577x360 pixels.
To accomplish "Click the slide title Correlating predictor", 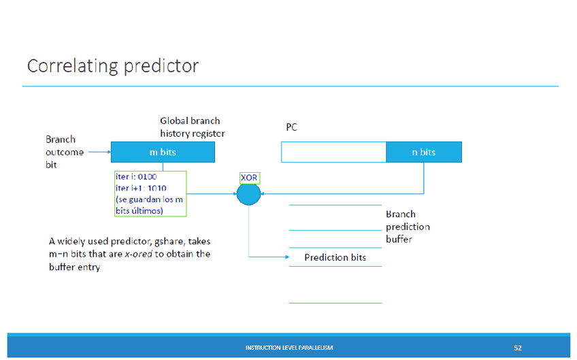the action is [112, 66].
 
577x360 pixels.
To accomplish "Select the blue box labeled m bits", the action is [163, 152].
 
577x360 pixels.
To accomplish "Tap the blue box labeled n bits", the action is [423, 152].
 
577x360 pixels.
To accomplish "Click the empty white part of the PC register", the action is [333, 152].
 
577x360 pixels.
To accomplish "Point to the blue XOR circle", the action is [248, 194].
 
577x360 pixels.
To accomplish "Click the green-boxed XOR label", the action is [249, 177].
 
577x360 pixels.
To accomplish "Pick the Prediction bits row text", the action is [335, 257].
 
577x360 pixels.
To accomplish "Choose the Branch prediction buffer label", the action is [408, 227].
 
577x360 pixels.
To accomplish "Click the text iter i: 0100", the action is [136, 176].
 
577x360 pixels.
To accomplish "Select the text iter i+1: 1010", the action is [141, 188].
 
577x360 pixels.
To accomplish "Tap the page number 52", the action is [518, 348].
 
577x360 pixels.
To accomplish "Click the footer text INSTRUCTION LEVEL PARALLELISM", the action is [288, 348].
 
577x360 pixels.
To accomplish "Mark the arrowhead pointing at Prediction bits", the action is [284, 257].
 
